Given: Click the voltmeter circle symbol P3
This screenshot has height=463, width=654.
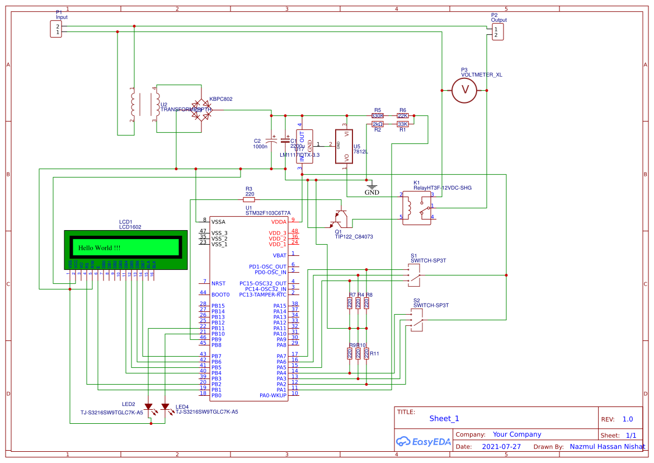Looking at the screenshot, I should (463, 90).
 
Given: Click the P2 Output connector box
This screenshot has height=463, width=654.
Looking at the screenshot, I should (497, 32).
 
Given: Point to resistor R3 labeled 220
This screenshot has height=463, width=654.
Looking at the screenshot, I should (249, 199).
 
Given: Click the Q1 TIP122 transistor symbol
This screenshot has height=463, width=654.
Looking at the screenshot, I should (338, 219).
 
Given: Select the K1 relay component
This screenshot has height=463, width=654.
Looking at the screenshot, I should (417, 208).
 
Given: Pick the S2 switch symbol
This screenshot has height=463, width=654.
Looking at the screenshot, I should (417, 320).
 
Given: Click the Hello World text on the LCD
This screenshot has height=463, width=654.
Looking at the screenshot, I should (99, 247).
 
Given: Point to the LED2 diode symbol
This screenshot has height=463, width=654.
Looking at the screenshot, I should (148, 407).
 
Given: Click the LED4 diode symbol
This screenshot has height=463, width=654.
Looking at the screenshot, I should (166, 407).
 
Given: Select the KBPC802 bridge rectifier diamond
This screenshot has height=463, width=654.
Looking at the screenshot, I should (201, 110).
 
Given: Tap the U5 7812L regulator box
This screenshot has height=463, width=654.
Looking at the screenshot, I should (344, 147).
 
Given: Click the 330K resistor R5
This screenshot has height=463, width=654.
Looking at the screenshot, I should (378, 116).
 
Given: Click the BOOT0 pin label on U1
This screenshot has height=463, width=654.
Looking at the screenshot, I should (220, 294).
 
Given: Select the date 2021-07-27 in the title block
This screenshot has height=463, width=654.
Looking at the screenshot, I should (501, 447).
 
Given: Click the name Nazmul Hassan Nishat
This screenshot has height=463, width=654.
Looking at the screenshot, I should (607, 447).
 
